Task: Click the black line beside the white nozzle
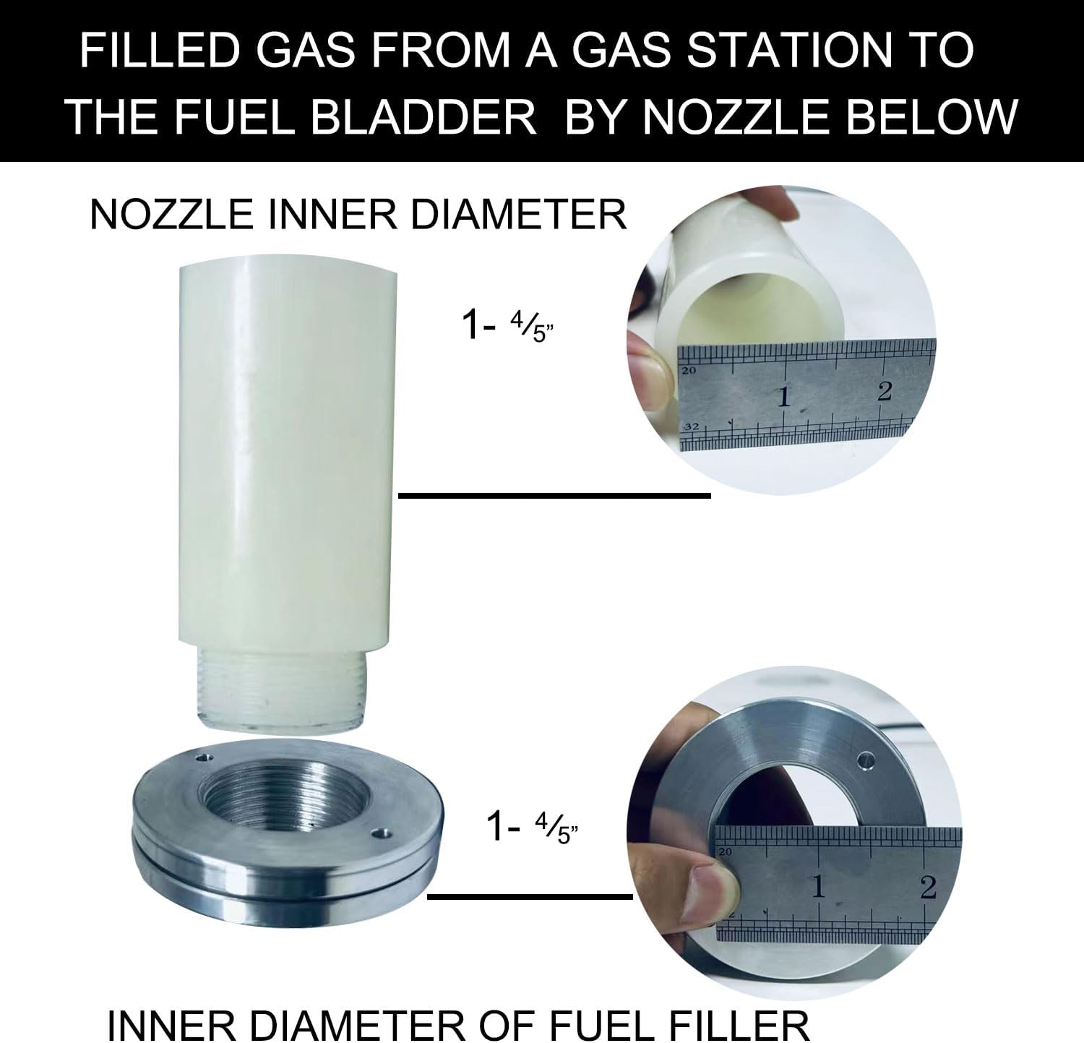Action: coord(554,495)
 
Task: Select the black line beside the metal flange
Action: coord(530,897)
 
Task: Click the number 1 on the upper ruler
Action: coord(783,397)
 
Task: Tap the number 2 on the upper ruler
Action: coord(885,391)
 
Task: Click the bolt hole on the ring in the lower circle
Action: coord(864,761)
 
